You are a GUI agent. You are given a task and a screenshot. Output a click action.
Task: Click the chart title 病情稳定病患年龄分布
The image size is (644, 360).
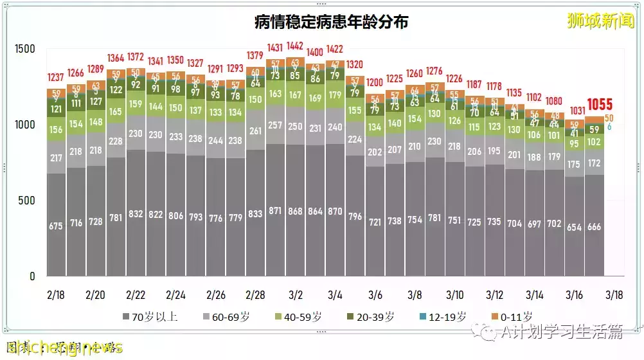click(332, 22)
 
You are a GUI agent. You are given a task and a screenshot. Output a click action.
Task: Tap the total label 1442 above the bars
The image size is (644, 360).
click(295, 46)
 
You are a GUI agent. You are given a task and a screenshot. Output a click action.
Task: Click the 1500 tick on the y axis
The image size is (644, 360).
click(27, 50)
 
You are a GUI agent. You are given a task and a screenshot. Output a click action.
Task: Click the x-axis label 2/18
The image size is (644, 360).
click(56, 295)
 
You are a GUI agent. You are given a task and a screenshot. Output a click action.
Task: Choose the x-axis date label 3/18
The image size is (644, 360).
click(614, 295)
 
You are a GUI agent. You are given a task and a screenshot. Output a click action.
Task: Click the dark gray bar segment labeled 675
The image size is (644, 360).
click(56, 226)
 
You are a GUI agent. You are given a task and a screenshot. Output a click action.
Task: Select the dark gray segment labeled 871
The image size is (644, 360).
click(275, 211)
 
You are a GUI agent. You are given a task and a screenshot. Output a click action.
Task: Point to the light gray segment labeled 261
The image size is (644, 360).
click(255, 130)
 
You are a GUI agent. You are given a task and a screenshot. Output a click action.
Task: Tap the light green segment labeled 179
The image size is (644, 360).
click(335, 95)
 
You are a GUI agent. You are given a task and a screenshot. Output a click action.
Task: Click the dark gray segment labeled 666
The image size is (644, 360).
click(594, 226)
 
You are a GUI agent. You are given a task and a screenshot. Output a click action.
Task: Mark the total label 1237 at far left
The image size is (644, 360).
click(56, 77)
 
